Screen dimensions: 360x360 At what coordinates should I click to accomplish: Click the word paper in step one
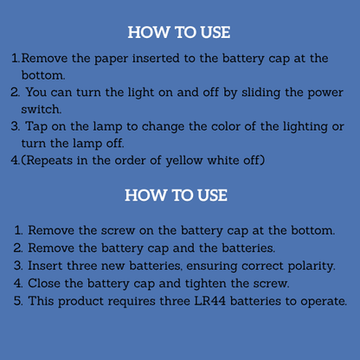coord(111,59)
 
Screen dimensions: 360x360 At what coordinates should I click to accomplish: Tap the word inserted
coord(156,58)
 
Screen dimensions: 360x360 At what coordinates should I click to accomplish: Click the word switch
coord(42,109)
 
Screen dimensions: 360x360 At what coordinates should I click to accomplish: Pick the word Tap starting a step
coord(36,127)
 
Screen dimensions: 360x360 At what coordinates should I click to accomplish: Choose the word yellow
coord(184,161)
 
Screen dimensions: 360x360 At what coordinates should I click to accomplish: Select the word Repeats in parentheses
coord(47,160)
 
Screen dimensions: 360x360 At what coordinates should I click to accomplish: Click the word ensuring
coord(212,267)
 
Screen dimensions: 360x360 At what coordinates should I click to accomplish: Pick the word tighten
coord(205,284)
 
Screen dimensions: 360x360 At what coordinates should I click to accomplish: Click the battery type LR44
coord(209,301)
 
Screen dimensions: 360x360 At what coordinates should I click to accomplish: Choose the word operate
coord(324,302)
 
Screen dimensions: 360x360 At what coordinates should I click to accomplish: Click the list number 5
coord(18,301)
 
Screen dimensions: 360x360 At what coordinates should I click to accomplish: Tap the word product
coord(80,302)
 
